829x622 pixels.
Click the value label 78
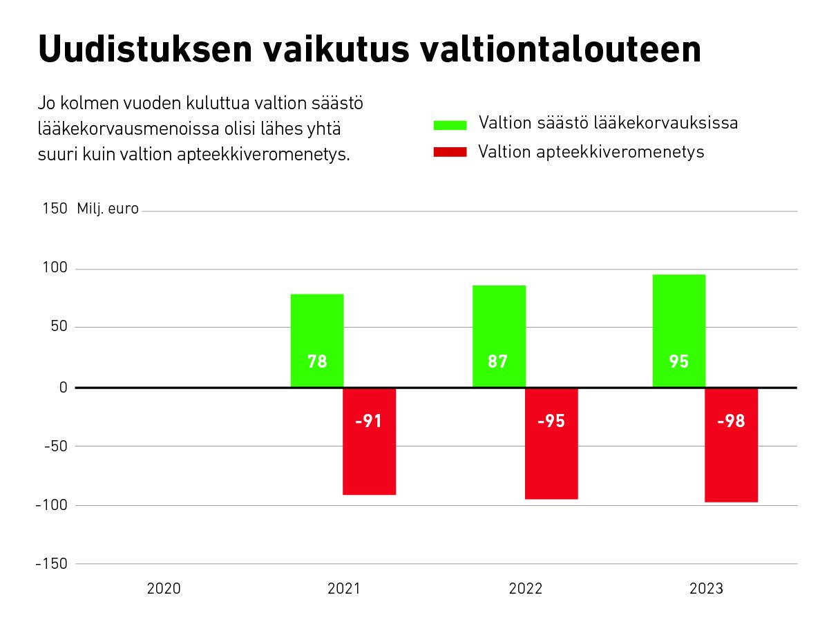coord(317,361)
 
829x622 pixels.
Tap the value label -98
coord(731,422)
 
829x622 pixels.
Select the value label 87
coord(498,361)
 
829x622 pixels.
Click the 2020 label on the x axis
coord(164,589)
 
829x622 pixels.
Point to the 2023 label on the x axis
coord(706,589)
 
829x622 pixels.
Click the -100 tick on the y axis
coord(51,505)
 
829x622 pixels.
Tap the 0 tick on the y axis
coord(63,387)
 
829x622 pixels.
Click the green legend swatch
coord(450,125)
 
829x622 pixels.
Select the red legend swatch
coord(450,152)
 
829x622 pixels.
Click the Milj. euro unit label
coord(108,209)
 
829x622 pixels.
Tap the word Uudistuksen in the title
coord(143,50)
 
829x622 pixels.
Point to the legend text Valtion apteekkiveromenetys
coord(591,152)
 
